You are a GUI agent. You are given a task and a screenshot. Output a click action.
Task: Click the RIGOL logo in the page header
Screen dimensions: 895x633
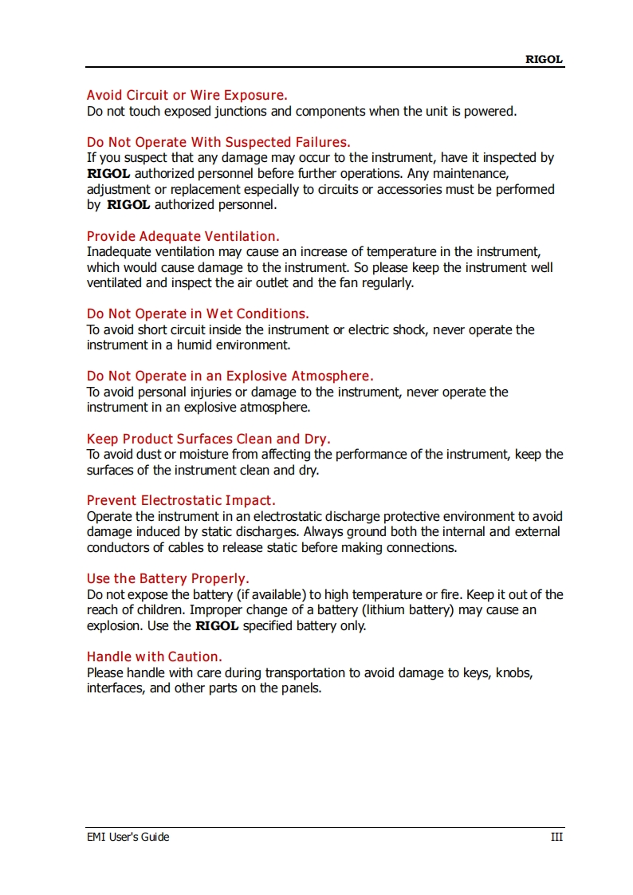544,59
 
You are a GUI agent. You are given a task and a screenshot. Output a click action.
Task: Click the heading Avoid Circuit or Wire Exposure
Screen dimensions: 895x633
187,96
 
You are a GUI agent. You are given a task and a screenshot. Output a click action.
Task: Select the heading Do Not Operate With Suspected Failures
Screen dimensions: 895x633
218,143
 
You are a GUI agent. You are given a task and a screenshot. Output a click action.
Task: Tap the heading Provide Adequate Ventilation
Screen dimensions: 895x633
183,236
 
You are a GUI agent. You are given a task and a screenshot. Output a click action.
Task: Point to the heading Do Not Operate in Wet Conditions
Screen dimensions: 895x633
198,313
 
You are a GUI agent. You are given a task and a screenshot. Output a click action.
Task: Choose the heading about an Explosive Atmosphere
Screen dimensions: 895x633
230,376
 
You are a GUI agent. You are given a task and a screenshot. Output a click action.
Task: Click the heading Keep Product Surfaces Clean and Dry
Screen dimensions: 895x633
208,439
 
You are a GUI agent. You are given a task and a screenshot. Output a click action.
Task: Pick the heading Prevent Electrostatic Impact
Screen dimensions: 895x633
181,501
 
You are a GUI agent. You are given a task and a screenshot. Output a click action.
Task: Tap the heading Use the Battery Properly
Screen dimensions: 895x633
167,578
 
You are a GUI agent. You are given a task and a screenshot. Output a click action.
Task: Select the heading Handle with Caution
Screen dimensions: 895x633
154,656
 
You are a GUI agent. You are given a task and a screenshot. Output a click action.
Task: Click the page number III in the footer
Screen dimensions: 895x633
556,837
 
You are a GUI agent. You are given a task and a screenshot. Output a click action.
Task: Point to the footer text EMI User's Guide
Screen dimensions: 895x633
128,837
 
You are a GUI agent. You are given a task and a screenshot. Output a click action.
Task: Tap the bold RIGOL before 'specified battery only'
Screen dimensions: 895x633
217,626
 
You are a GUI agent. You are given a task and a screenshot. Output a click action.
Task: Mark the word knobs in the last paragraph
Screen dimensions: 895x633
513,672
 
